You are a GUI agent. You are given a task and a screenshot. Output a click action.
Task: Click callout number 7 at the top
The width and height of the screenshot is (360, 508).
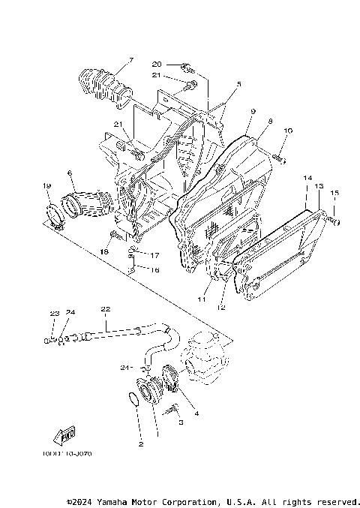(130, 59)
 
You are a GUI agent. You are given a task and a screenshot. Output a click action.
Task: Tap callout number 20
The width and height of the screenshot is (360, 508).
(157, 64)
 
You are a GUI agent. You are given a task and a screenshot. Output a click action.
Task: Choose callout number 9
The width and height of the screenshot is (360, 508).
(253, 111)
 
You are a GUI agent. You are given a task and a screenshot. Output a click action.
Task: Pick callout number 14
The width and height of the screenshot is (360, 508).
(307, 178)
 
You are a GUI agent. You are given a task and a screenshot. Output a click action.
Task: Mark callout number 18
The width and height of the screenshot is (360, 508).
(104, 253)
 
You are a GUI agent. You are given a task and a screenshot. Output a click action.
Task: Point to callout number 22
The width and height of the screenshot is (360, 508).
(105, 309)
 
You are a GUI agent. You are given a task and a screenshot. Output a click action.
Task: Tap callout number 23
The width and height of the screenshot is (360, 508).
(54, 313)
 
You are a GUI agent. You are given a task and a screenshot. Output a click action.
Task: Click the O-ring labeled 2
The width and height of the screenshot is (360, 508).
(133, 398)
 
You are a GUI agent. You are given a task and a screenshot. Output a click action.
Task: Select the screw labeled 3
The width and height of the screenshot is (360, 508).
(174, 410)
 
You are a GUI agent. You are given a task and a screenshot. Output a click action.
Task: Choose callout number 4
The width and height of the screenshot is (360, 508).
(196, 413)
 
